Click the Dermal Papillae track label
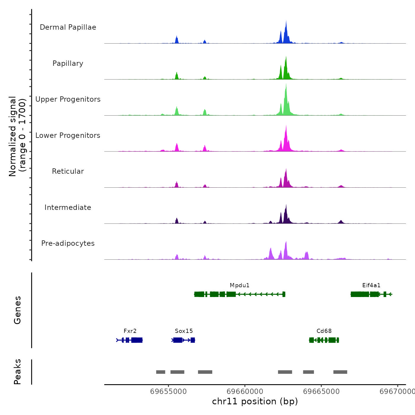tap(68, 27)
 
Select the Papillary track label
tap(68, 63)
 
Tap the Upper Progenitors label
tap(68, 99)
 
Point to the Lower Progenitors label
tap(68, 135)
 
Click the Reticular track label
tap(68, 171)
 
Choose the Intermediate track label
tap(68, 207)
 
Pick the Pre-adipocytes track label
tap(68, 243)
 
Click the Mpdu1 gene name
tap(240, 285)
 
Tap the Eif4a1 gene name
tap(371, 285)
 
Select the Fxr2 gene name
tap(130, 331)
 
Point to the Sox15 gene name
tap(184, 331)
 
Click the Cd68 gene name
tap(324, 331)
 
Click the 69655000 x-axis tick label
tap(168, 391)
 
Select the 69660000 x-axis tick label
tap(245, 391)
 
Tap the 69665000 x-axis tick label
tap(321, 391)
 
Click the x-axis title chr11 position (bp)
tap(255, 401)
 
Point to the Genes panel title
tap(17, 310)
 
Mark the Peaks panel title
tap(17, 372)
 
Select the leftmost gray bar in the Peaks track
tap(161, 372)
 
